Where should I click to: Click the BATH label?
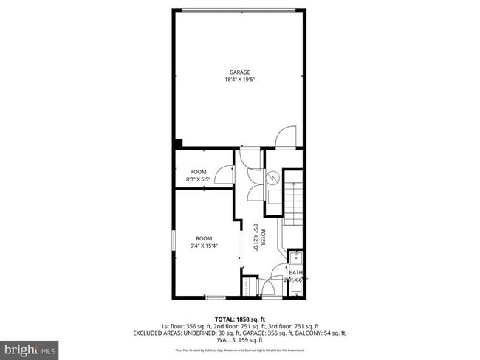pos(295,273)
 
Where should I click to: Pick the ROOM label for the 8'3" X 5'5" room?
pos(198,171)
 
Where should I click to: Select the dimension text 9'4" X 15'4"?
pos(204,246)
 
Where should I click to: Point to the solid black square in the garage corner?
pos(178,143)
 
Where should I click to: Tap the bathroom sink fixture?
pos(295,257)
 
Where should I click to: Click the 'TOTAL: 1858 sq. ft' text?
pos(240,319)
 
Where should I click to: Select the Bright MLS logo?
pos(30,347)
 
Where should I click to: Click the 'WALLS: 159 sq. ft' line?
pos(240,340)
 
